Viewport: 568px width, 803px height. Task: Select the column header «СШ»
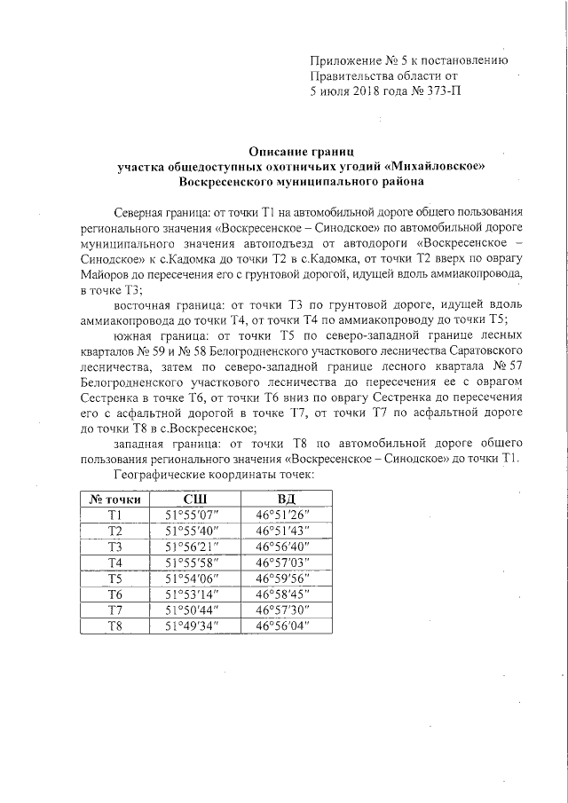pos(193,498)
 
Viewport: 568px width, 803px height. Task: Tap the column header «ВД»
pos(287,498)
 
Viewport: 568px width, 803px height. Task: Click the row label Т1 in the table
pos(114,514)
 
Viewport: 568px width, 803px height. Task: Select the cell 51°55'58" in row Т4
pos(193,563)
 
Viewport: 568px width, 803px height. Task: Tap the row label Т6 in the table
pos(114,594)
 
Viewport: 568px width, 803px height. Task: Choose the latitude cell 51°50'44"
pos(193,610)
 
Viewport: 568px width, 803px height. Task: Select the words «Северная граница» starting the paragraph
pos(157,216)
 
